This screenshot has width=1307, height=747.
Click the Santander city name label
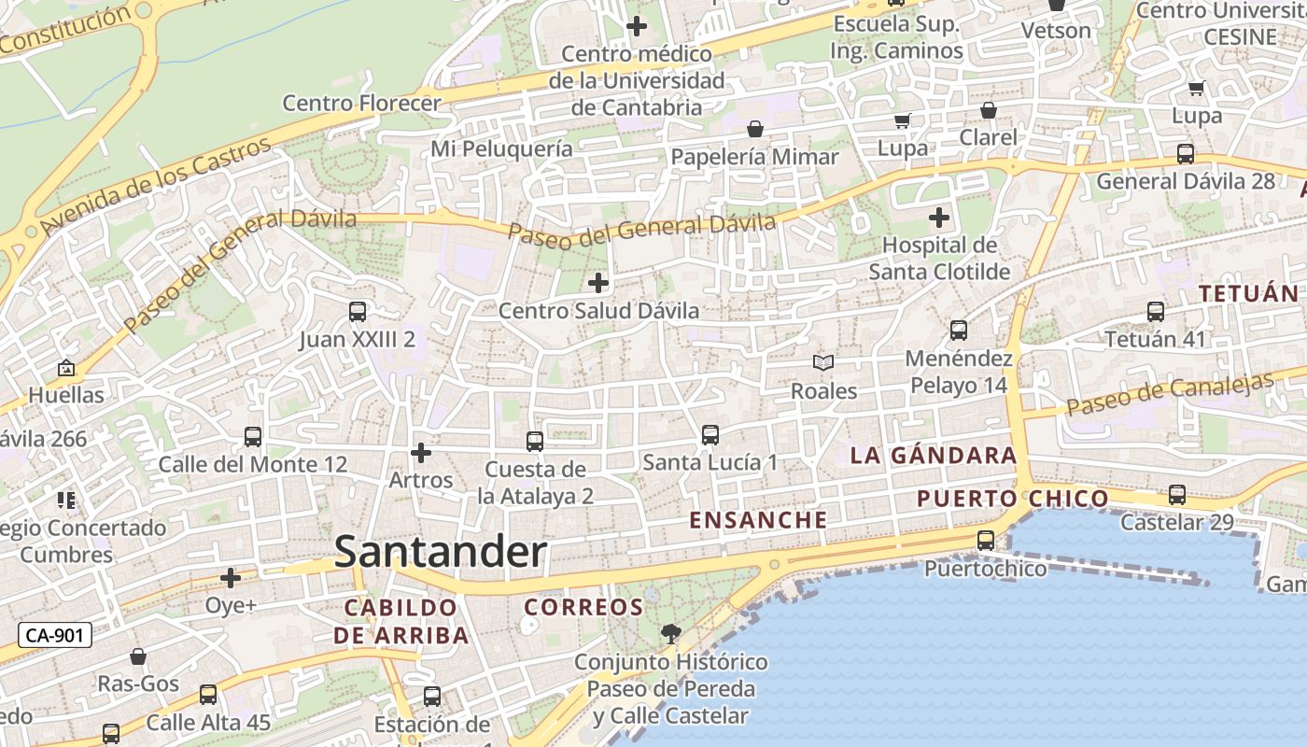(x=440, y=552)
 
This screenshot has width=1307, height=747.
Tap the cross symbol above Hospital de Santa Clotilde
(x=939, y=218)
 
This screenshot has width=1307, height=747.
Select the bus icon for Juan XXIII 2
(x=358, y=312)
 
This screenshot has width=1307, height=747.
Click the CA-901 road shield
(x=55, y=636)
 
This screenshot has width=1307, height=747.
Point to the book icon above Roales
(x=822, y=362)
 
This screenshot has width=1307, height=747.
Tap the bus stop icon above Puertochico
(x=985, y=540)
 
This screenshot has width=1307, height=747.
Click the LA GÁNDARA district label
(x=933, y=456)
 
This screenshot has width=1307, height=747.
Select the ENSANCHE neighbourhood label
(x=758, y=520)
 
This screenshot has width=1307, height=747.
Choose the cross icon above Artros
(x=421, y=454)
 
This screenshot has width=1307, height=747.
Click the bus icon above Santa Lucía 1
(x=710, y=434)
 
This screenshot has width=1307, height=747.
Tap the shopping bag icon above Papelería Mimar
(x=754, y=129)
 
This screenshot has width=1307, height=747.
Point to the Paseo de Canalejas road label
(x=1170, y=394)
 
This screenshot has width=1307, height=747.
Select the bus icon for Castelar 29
(x=1177, y=495)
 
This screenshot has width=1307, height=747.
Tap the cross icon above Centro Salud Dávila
(x=598, y=282)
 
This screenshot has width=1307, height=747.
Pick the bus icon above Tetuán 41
(x=1156, y=312)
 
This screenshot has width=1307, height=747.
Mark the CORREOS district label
(x=583, y=608)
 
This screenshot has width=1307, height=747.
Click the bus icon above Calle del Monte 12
(x=253, y=436)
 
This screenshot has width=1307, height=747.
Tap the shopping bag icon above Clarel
(x=989, y=110)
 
